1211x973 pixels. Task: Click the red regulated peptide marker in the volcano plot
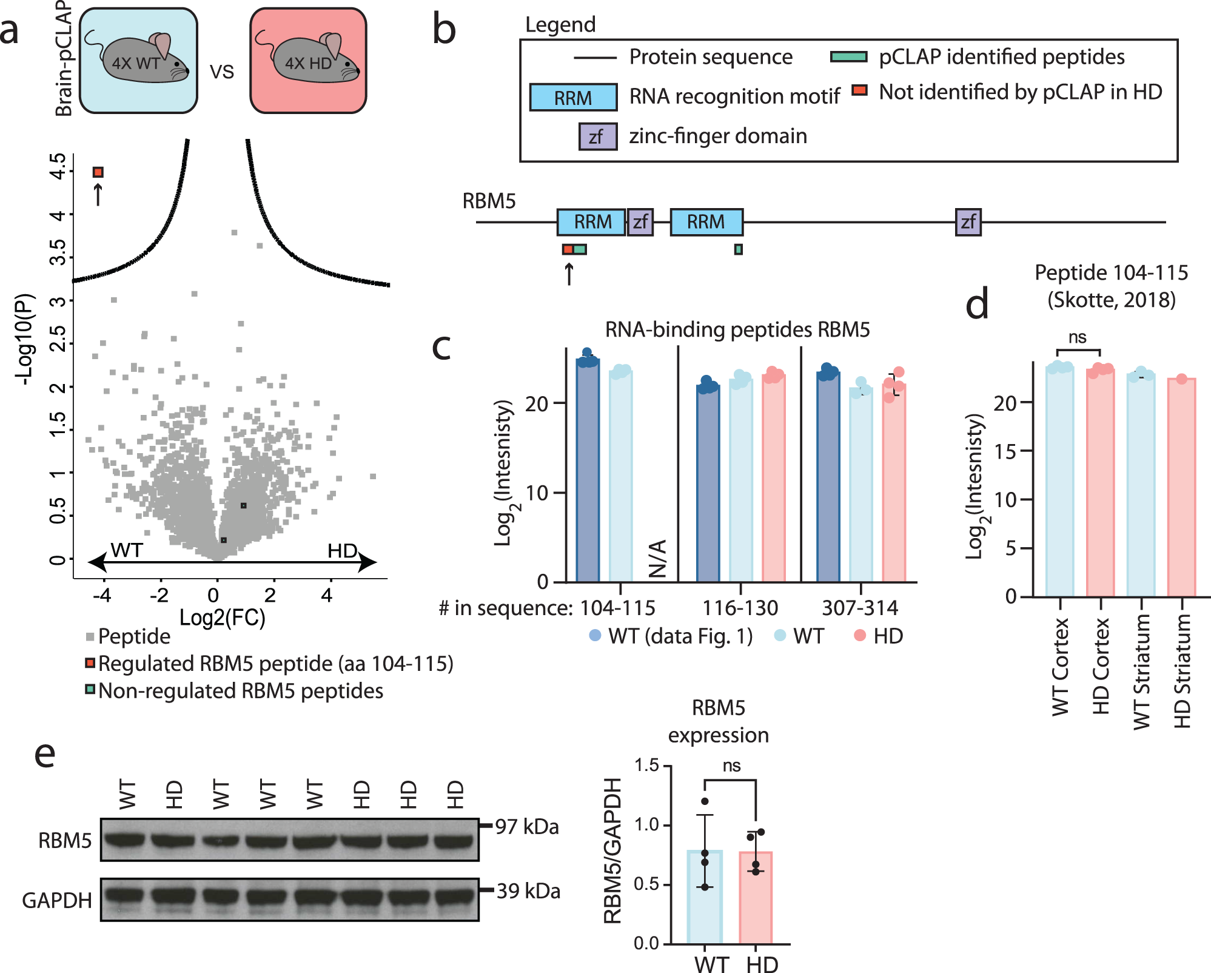tap(98, 172)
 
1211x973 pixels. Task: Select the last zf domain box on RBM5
tap(968, 222)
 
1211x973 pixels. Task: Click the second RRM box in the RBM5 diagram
tap(706, 222)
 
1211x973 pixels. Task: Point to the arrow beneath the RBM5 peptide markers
tap(568, 274)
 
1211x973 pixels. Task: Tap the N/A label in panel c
tap(657, 558)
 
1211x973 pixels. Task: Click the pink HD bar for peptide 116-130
tap(773, 479)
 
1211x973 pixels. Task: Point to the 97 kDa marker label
tap(526, 827)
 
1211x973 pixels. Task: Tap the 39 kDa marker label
tap(528, 891)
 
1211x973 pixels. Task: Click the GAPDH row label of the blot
tap(57, 900)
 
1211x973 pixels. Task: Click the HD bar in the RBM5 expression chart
tap(756, 898)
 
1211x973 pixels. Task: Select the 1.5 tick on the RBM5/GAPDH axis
tap(646, 766)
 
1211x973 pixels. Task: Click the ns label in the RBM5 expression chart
tap(731, 766)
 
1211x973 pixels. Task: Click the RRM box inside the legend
tap(573, 97)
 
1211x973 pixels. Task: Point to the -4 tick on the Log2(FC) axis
tap(102, 596)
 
